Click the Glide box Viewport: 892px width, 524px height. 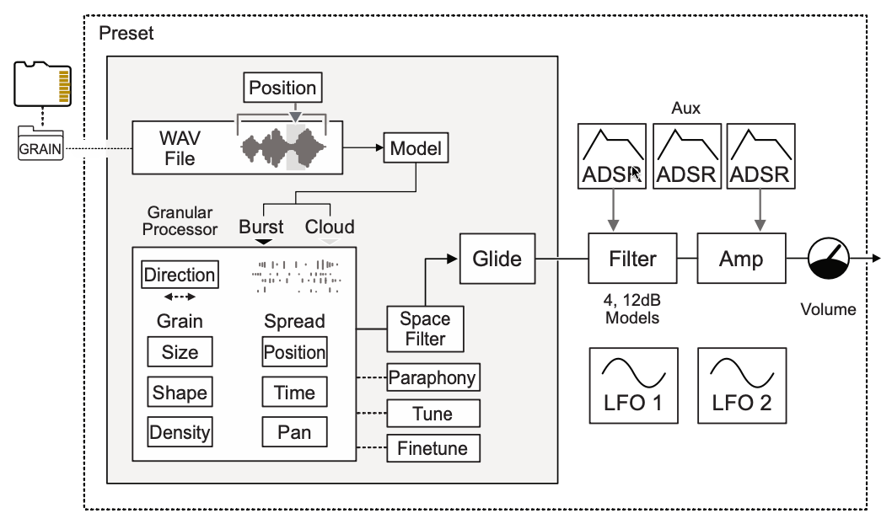496,258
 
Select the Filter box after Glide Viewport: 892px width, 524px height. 633,258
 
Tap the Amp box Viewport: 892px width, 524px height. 742,258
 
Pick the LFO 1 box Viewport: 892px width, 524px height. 633,385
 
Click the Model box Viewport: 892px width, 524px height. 416,150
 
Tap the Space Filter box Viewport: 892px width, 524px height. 425,329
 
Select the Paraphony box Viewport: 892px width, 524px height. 433,378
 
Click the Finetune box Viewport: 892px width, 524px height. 433,447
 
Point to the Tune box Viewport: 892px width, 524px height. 433,414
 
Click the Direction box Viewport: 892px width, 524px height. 179,275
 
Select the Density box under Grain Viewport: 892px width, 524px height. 180,432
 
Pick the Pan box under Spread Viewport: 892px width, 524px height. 294,432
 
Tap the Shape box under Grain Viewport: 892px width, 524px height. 180,393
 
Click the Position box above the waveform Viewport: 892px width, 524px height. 282,88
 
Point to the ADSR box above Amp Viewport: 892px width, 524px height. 760,156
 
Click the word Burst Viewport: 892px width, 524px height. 261,227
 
